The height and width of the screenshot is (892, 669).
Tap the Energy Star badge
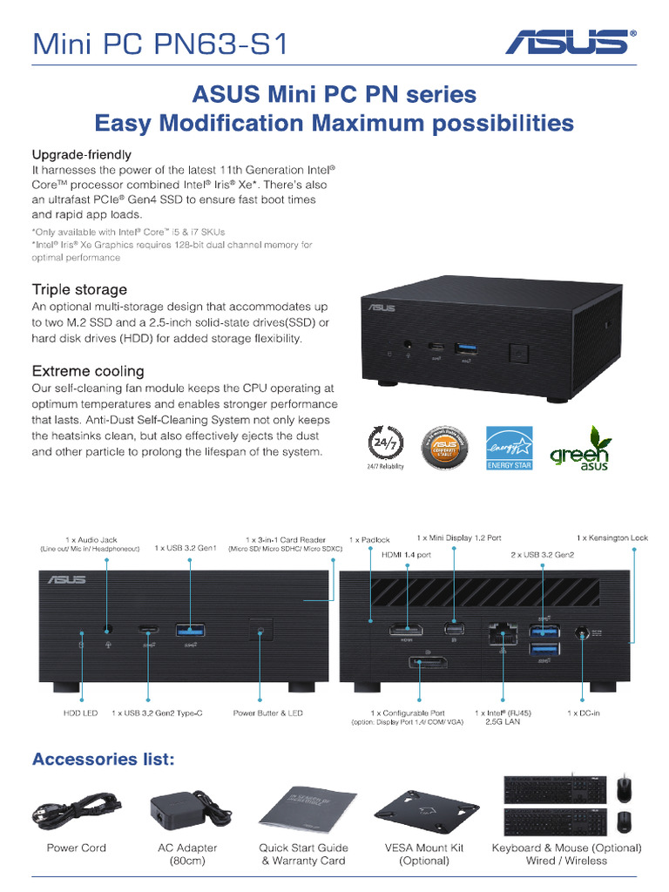click(x=509, y=448)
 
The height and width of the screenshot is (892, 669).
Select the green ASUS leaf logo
click(x=579, y=448)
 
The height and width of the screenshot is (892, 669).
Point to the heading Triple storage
click(x=79, y=289)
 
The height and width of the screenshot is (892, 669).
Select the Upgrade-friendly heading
click(x=82, y=155)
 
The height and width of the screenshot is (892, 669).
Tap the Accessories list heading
click(x=104, y=760)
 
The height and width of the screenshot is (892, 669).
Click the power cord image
click(x=77, y=809)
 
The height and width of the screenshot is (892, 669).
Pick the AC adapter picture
click(x=184, y=809)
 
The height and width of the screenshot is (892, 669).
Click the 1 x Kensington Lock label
click(x=612, y=538)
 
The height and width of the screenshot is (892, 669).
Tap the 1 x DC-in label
click(x=584, y=713)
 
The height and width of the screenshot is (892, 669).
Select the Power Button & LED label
click(x=267, y=713)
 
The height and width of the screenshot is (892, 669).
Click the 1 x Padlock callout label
click(x=369, y=541)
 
